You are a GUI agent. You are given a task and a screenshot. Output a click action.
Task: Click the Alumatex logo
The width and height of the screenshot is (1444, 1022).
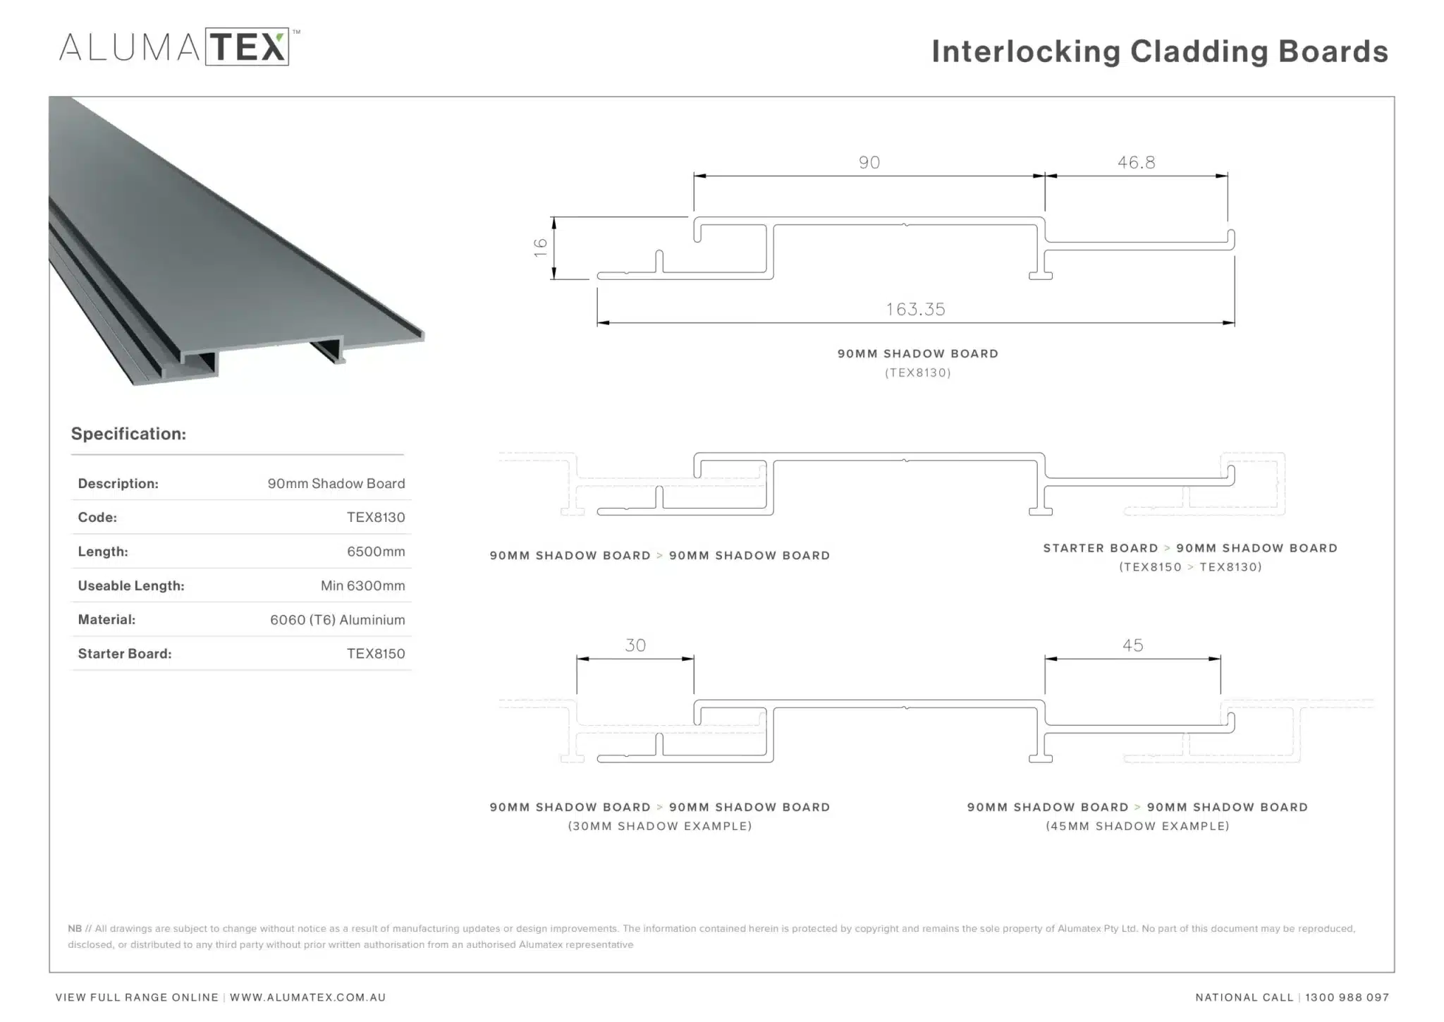coord(180,47)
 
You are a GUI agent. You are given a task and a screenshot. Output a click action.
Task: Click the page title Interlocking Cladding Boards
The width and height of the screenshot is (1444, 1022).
coord(1159,51)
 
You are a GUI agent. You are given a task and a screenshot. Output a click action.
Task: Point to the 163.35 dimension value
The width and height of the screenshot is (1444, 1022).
coord(915,309)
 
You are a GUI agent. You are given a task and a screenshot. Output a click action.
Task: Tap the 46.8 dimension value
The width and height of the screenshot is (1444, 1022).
coord(1136,162)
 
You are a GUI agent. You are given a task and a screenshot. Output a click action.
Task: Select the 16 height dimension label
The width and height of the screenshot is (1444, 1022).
coord(541,247)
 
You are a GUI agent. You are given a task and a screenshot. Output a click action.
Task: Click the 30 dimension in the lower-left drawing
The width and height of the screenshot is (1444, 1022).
coord(635,645)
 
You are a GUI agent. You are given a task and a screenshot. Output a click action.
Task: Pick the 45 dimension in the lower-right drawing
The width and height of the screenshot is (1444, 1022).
coord(1132,645)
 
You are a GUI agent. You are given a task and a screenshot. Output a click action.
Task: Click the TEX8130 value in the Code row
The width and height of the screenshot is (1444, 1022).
coord(376,517)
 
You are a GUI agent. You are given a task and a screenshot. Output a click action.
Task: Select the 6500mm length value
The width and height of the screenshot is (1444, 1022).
coord(376,552)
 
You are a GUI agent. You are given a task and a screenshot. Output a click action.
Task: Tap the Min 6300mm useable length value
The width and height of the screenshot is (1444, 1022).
coord(362,585)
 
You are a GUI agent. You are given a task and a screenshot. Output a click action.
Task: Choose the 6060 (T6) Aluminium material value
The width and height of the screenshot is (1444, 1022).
coord(337,620)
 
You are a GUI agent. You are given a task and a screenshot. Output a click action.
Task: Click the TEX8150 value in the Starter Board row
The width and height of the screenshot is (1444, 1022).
coord(376,654)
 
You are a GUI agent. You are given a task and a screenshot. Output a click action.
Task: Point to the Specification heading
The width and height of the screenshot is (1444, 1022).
coord(128,434)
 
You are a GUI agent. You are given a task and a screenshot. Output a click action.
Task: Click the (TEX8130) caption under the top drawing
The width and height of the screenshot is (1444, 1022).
coord(917,372)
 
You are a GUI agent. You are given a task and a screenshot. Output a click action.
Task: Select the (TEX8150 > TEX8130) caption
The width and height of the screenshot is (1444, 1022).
coord(1190,566)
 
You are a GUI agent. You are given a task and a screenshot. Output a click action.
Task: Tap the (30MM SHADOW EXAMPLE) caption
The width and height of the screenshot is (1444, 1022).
coord(660,826)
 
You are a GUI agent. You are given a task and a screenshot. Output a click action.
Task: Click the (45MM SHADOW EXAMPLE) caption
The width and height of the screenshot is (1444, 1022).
coord(1137,826)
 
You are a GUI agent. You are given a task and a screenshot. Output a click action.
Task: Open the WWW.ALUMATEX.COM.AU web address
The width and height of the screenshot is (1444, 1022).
coord(307,997)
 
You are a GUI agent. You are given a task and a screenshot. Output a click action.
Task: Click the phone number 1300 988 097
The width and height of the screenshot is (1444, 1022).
coord(1347,997)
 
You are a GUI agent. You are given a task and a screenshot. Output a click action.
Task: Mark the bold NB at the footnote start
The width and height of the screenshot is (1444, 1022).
coord(75,928)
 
